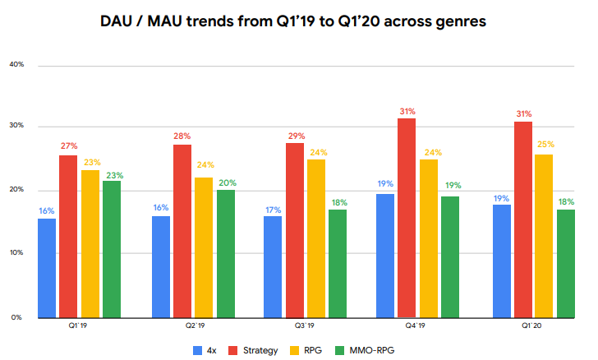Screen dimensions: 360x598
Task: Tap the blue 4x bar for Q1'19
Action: [x=46, y=268]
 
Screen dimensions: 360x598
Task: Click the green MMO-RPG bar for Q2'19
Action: [x=225, y=253]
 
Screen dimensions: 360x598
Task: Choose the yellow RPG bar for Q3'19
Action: [x=316, y=238]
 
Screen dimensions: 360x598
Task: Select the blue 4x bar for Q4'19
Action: [x=384, y=256]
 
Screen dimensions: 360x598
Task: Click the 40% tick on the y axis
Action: [x=16, y=64]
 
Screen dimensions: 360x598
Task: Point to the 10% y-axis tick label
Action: [x=16, y=253]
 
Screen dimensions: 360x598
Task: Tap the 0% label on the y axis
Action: [x=17, y=317]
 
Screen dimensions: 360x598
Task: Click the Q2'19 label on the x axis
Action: [x=194, y=326]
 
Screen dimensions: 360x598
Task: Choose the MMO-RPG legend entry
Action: [x=370, y=349]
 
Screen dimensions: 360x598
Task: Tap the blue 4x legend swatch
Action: [x=197, y=349]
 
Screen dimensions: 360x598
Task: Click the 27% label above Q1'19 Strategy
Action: [x=67, y=145]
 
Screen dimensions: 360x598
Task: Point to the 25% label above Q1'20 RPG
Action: [x=544, y=145]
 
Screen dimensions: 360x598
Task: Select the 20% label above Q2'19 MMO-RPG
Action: [x=225, y=182]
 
